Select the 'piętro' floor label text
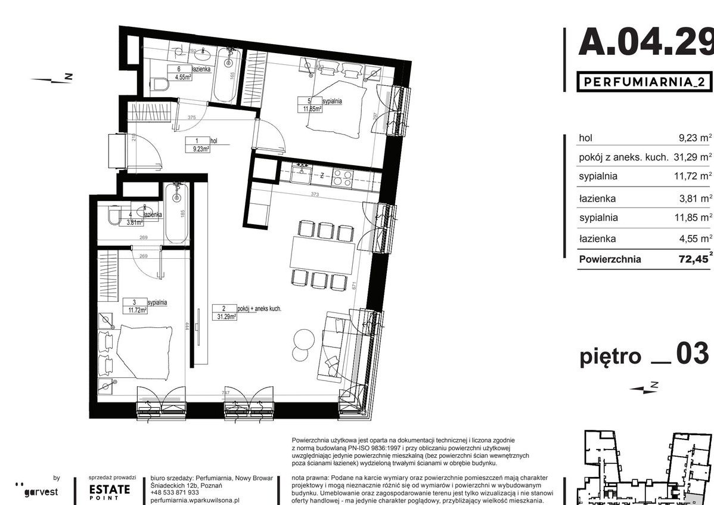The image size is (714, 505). (610, 357)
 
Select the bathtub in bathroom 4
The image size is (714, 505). (176, 213)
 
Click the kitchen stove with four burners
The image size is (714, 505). (342, 178)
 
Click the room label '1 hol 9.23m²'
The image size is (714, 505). (200, 145)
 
